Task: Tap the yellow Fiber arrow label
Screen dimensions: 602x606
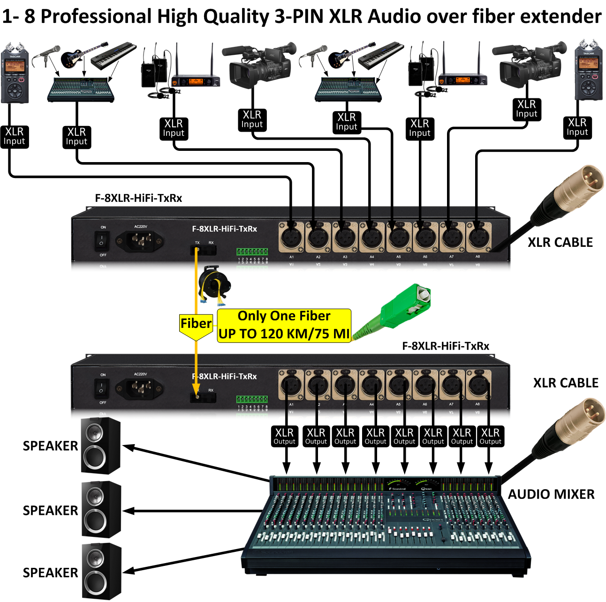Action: pyautogui.click(x=196, y=324)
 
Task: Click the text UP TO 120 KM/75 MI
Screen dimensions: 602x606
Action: pyautogui.click(x=284, y=334)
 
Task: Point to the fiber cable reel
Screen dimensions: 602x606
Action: pyautogui.click(x=214, y=283)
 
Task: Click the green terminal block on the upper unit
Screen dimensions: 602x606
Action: pyautogui.click(x=252, y=252)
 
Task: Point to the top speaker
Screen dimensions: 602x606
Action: pyautogui.click(x=100, y=445)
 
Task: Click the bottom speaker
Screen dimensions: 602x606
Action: pyautogui.click(x=101, y=571)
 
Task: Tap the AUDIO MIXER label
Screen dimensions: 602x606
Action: pyautogui.click(x=551, y=494)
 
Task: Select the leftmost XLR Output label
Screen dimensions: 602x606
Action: pyautogui.click(x=285, y=436)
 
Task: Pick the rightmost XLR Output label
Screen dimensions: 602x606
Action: pyautogui.click(x=491, y=436)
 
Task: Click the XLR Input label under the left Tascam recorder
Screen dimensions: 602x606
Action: pyautogui.click(x=14, y=136)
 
